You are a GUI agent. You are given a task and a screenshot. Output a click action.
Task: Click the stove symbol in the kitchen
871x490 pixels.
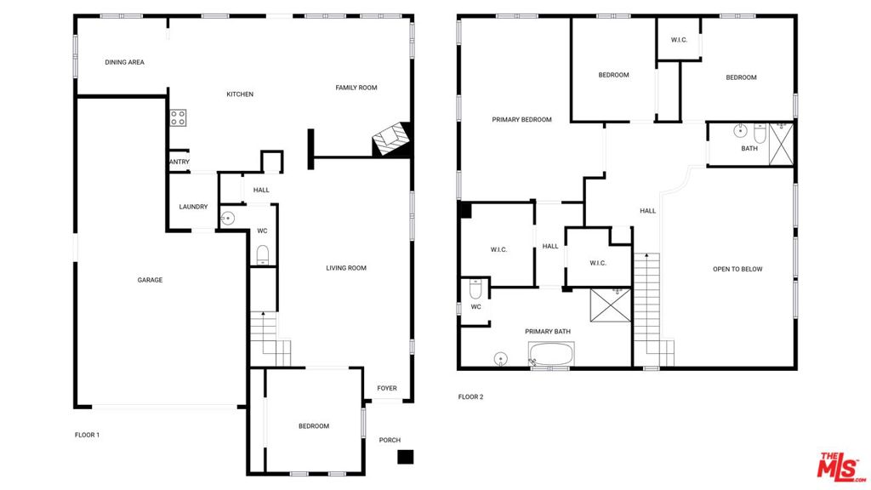pos(179,117)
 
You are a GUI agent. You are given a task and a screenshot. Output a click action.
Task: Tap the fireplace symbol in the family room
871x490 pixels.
pos(391,140)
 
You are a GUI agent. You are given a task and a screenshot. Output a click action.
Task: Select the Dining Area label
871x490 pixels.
pos(124,62)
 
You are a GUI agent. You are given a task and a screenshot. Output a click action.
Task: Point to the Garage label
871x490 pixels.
pos(150,280)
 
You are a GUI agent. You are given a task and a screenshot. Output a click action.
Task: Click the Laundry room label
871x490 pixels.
pos(193,207)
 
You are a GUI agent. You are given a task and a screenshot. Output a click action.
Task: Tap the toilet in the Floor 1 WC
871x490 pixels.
pos(263,255)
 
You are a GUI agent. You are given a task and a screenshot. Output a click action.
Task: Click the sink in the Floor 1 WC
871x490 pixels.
pos(227,219)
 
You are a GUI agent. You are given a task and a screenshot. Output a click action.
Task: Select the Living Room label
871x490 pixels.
pos(346,268)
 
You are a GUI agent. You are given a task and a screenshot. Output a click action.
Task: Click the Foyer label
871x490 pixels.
pos(387,388)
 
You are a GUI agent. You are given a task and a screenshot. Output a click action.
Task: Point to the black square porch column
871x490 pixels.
pos(406,457)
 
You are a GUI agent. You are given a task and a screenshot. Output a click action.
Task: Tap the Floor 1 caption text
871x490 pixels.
pos(88,435)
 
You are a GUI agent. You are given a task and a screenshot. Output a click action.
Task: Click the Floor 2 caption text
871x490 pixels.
pos(470,396)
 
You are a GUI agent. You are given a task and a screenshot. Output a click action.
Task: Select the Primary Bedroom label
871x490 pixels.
pos(521,119)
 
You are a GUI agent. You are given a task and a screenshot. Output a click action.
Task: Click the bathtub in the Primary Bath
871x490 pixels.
pos(551,353)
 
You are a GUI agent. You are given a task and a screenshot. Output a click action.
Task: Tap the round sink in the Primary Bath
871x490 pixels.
pos(500,359)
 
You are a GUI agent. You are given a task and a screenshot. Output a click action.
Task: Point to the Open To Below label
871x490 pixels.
pos(737,269)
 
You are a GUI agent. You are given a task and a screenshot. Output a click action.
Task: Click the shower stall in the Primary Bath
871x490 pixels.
pos(611,305)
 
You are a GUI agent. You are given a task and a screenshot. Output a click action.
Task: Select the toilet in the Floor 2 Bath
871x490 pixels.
pos(760,133)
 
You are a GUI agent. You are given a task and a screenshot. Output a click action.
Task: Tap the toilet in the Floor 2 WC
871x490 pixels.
pos(476,289)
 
